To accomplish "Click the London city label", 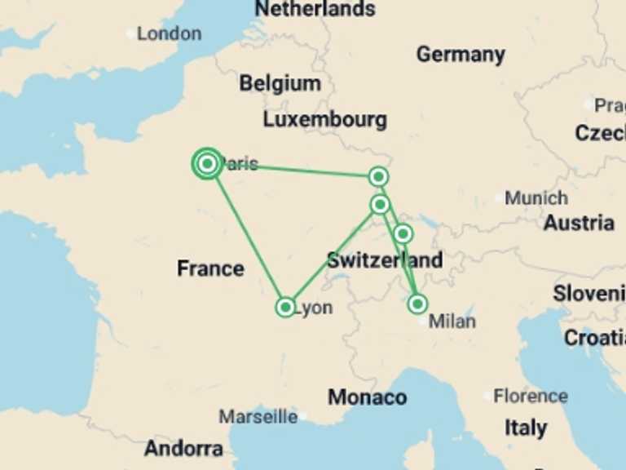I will [x=169, y=33].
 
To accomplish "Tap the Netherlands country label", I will [x=315, y=9].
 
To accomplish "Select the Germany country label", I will [x=461, y=55].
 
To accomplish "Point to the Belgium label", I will [x=280, y=83].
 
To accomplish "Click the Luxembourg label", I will [x=324, y=119].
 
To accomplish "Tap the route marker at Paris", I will [x=207, y=164].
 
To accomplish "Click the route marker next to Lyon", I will [x=285, y=307].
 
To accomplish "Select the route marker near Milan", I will [x=417, y=304].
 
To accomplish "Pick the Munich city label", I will [x=536, y=197].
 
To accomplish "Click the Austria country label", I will [x=579, y=223].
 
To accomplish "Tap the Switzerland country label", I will [x=385, y=261].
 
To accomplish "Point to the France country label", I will [x=210, y=268].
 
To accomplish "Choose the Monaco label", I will [x=367, y=397].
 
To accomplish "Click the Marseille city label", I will [x=258, y=417].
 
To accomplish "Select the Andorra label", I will [x=183, y=448].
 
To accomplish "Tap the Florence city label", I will [x=530, y=397].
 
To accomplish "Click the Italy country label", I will [x=526, y=427].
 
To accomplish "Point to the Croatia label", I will [x=594, y=337].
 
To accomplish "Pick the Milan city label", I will [x=452, y=321].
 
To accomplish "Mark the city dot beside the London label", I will [x=131, y=34].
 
